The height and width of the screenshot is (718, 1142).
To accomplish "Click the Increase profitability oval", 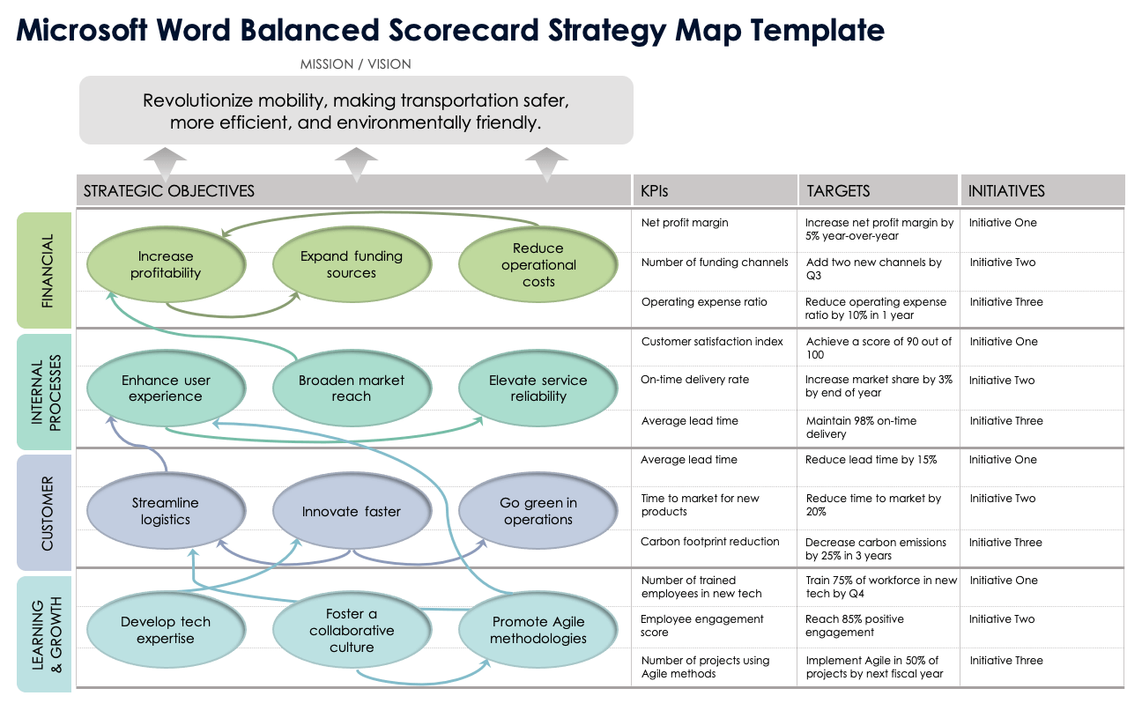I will [x=166, y=265].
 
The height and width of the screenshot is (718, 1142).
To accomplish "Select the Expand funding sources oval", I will [x=352, y=265].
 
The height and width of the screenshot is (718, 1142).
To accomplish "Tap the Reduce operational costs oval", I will [x=538, y=265].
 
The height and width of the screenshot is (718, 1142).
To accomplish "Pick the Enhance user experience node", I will [x=166, y=389].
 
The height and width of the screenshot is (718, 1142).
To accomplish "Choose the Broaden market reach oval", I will [x=352, y=389].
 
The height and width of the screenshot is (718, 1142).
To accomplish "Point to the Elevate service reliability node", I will [x=538, y=389].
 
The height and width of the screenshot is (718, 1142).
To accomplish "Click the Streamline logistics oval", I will [x=166, y=511].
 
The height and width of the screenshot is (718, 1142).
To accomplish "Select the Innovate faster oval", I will [x=352, y=511].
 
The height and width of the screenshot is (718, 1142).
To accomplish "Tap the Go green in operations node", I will [x=538, y=511].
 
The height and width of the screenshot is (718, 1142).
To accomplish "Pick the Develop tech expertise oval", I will [x=166, y=630].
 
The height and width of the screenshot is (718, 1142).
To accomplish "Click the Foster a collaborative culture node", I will [x=352, y=630].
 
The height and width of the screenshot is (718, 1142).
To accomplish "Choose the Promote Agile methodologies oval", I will [x=538, y=630].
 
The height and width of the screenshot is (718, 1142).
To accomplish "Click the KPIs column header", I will [x=655, y=190].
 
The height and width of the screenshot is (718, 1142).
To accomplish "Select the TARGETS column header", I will [x=838, y=190].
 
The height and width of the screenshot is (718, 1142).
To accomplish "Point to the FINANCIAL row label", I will [x=47, y=270].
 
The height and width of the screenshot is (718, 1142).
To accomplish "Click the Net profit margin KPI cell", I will [x=685, y=223].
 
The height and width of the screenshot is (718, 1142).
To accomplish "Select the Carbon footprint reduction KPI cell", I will [x=709, y=542].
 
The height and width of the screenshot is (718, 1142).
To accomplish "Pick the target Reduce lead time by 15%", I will [x=871, y=460].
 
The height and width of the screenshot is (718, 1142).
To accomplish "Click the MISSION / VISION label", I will [x=355, y=64].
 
